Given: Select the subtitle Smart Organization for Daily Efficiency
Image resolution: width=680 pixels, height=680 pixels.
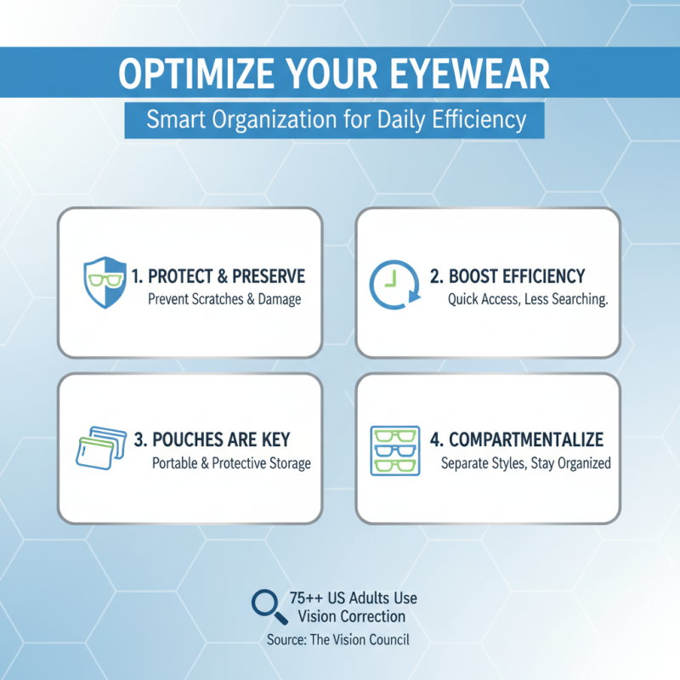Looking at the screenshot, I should click(x=335, y=120).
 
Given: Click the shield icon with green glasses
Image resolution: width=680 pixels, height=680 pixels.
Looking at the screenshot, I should click(x=104, y=282).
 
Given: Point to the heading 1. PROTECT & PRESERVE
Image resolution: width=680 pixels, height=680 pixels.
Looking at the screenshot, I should click(x=218, y=276).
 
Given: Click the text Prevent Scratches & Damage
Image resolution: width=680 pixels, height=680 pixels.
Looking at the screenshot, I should click(x=224, y=299).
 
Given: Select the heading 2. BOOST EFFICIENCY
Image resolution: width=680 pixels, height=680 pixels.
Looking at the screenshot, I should click(x=507, y=276).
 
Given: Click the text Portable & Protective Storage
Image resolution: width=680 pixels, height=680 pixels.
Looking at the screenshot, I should click(x=231, y=463).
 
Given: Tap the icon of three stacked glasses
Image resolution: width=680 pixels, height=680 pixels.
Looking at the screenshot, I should click(x=396, y=449).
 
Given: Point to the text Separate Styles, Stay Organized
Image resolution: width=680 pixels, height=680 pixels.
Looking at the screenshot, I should click(x=526, y=463).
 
